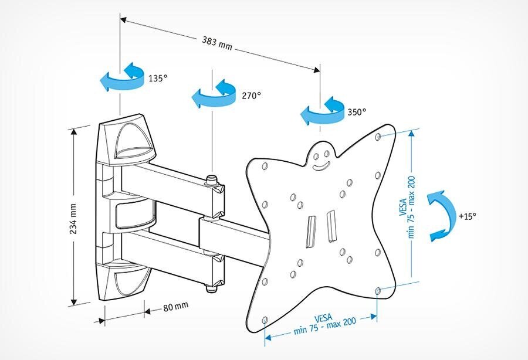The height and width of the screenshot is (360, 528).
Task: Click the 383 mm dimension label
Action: tap(217, 45)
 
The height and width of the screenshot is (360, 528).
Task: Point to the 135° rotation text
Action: tap(158, 78)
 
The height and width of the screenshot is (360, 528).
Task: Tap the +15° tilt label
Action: tap(468, 215)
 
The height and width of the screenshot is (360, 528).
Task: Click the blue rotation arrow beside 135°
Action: tap(123, 78)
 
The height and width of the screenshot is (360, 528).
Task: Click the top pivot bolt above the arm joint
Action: tap(210, 178)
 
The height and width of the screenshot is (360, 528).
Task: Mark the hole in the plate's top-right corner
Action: tap(378, 138)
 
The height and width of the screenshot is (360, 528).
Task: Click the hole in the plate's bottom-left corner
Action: tap(265, 320)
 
